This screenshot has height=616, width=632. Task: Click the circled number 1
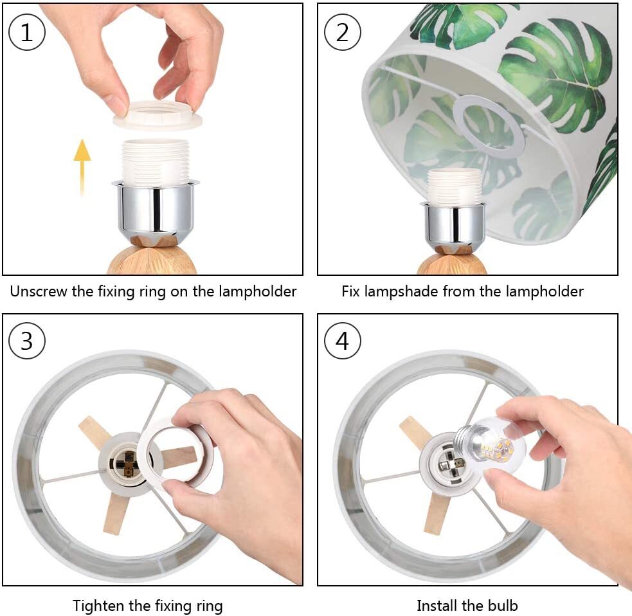click(26, 32)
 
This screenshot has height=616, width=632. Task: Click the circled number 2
click(342, 32)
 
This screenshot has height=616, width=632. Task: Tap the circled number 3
click(26, 341)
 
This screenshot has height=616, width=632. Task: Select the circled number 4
click(342, 341)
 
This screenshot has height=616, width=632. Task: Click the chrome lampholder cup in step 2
click(453, 226)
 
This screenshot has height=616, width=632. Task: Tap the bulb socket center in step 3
click(126, 464)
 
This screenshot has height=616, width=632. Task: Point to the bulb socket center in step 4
click(448, 464)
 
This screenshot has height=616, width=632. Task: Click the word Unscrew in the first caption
click(39, 291)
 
